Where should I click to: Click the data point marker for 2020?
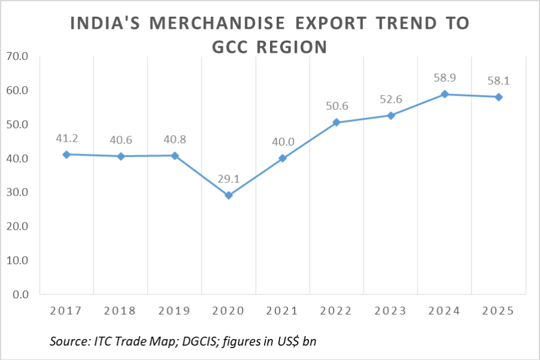pos(229,196)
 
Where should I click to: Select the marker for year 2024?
pos(445,94)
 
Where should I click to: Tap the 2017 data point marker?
pos(67,154)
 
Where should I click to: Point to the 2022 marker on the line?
pos(337,122)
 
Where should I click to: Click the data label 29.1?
pos(229,179)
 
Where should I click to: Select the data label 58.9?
pos(445,78)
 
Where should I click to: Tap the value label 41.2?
pos(67,138)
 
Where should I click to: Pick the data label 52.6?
pos(391,100)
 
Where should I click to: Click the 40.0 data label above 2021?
pos(283,142)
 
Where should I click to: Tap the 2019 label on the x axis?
pos(175,311)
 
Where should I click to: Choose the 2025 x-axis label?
pos(499,311)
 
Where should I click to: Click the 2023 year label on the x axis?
pos(391,311)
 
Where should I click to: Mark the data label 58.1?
pos(499,80)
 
